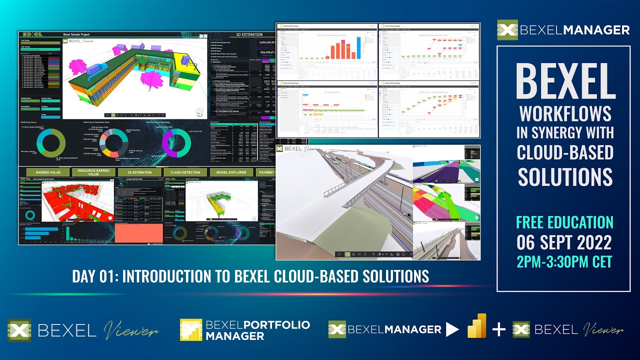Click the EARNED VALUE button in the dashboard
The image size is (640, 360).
(48, 172)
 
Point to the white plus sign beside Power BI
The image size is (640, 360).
(498, 329)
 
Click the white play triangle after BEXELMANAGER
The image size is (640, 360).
(452, 329)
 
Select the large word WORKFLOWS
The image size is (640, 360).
(565, 114)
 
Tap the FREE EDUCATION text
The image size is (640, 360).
(564, 222)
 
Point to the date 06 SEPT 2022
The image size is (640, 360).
(564, 242)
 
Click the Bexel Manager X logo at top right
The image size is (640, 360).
(507, 30)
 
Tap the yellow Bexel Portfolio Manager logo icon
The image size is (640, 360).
(190, 330)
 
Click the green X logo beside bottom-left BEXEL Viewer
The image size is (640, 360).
(19, 330)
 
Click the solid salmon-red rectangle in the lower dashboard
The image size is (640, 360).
(138, 232)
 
